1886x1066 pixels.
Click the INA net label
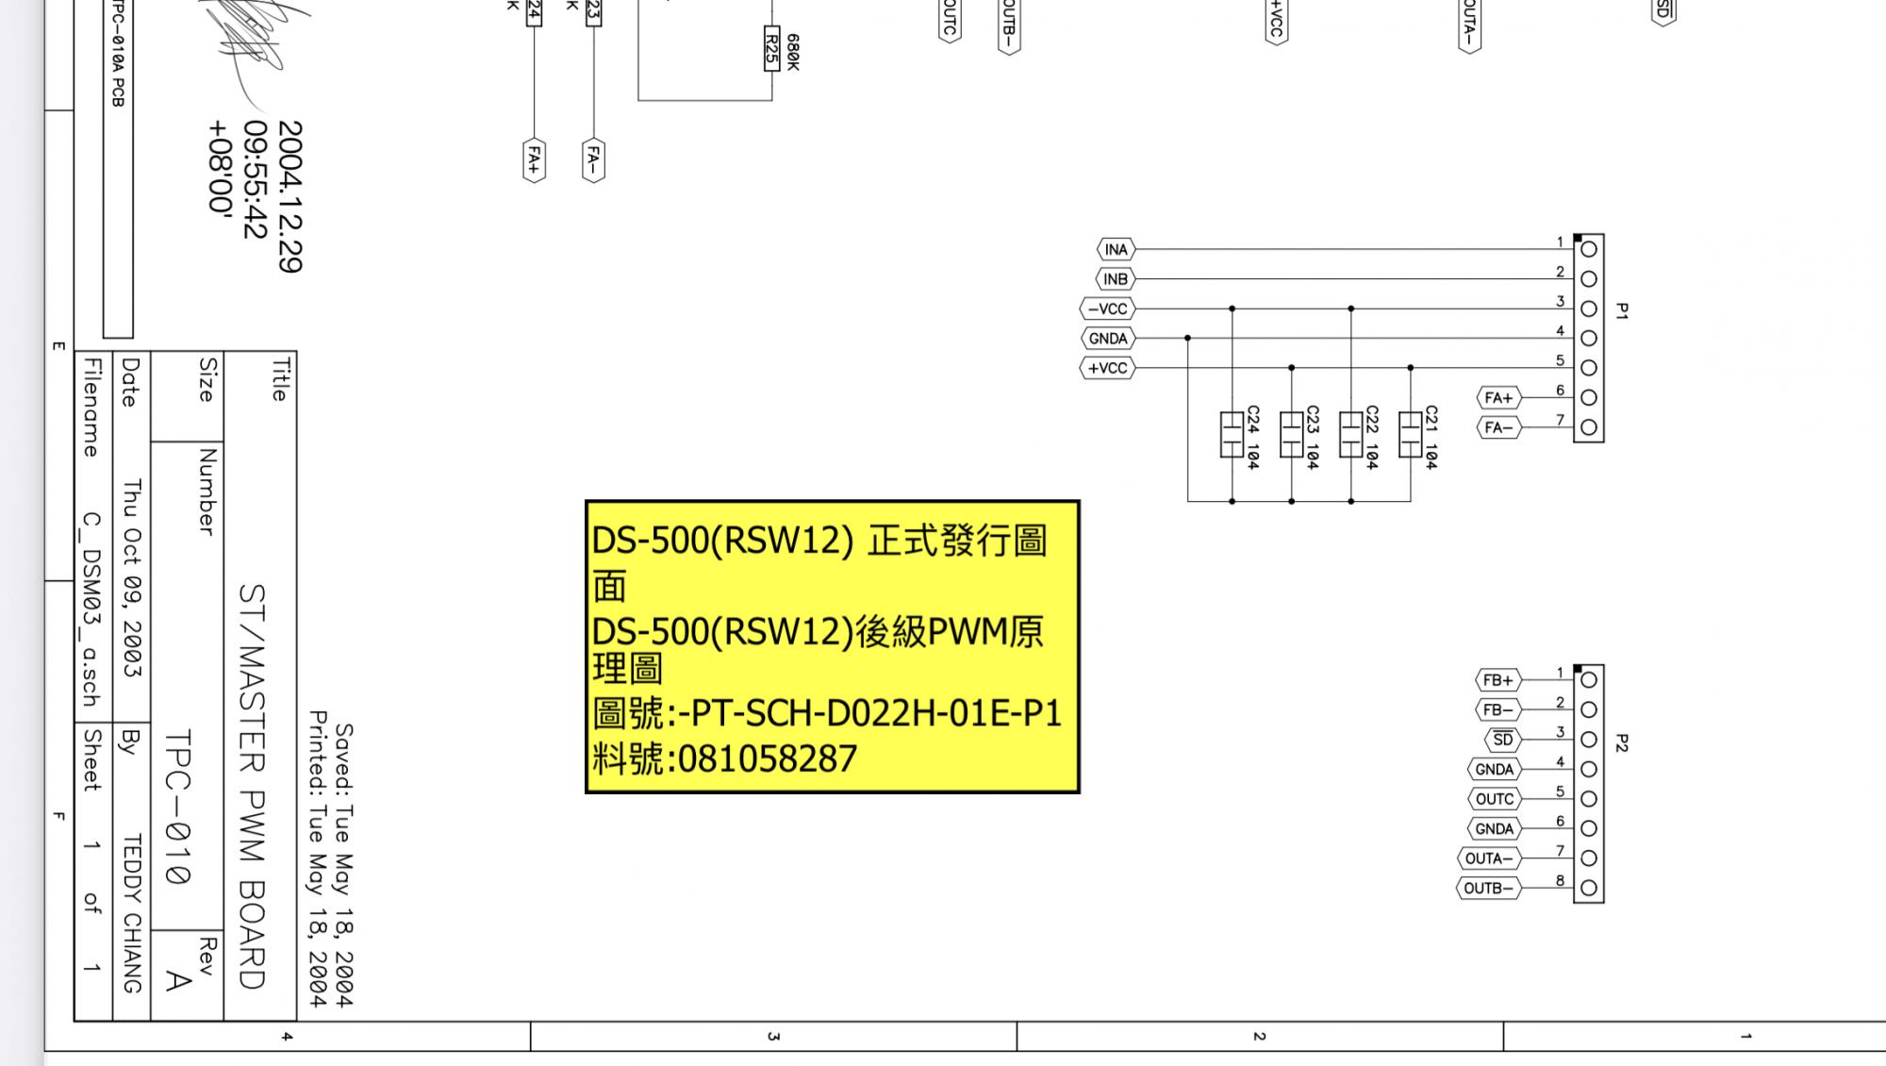(1116, 250)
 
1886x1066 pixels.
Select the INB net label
(1116, 279)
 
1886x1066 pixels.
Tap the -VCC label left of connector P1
(1107, 309)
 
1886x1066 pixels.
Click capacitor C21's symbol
(1410, 434)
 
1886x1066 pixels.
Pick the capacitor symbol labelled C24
(1232, 434)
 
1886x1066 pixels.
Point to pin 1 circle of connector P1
(1589, 250)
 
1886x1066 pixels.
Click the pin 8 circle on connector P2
(1589, 888)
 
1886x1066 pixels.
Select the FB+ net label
(1497, 680)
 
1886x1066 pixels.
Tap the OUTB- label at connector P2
(1488, 888)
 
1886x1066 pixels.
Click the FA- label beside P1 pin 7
(1497, 427)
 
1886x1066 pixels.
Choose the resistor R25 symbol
(771, 48)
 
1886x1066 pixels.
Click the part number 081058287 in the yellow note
(767, 758)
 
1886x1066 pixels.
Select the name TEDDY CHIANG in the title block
(132, 912)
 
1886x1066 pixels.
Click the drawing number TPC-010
(178, 807)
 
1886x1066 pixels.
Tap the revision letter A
(177, 981)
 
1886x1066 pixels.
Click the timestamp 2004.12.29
(290, 196)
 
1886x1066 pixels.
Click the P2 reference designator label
(1622, 743)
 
